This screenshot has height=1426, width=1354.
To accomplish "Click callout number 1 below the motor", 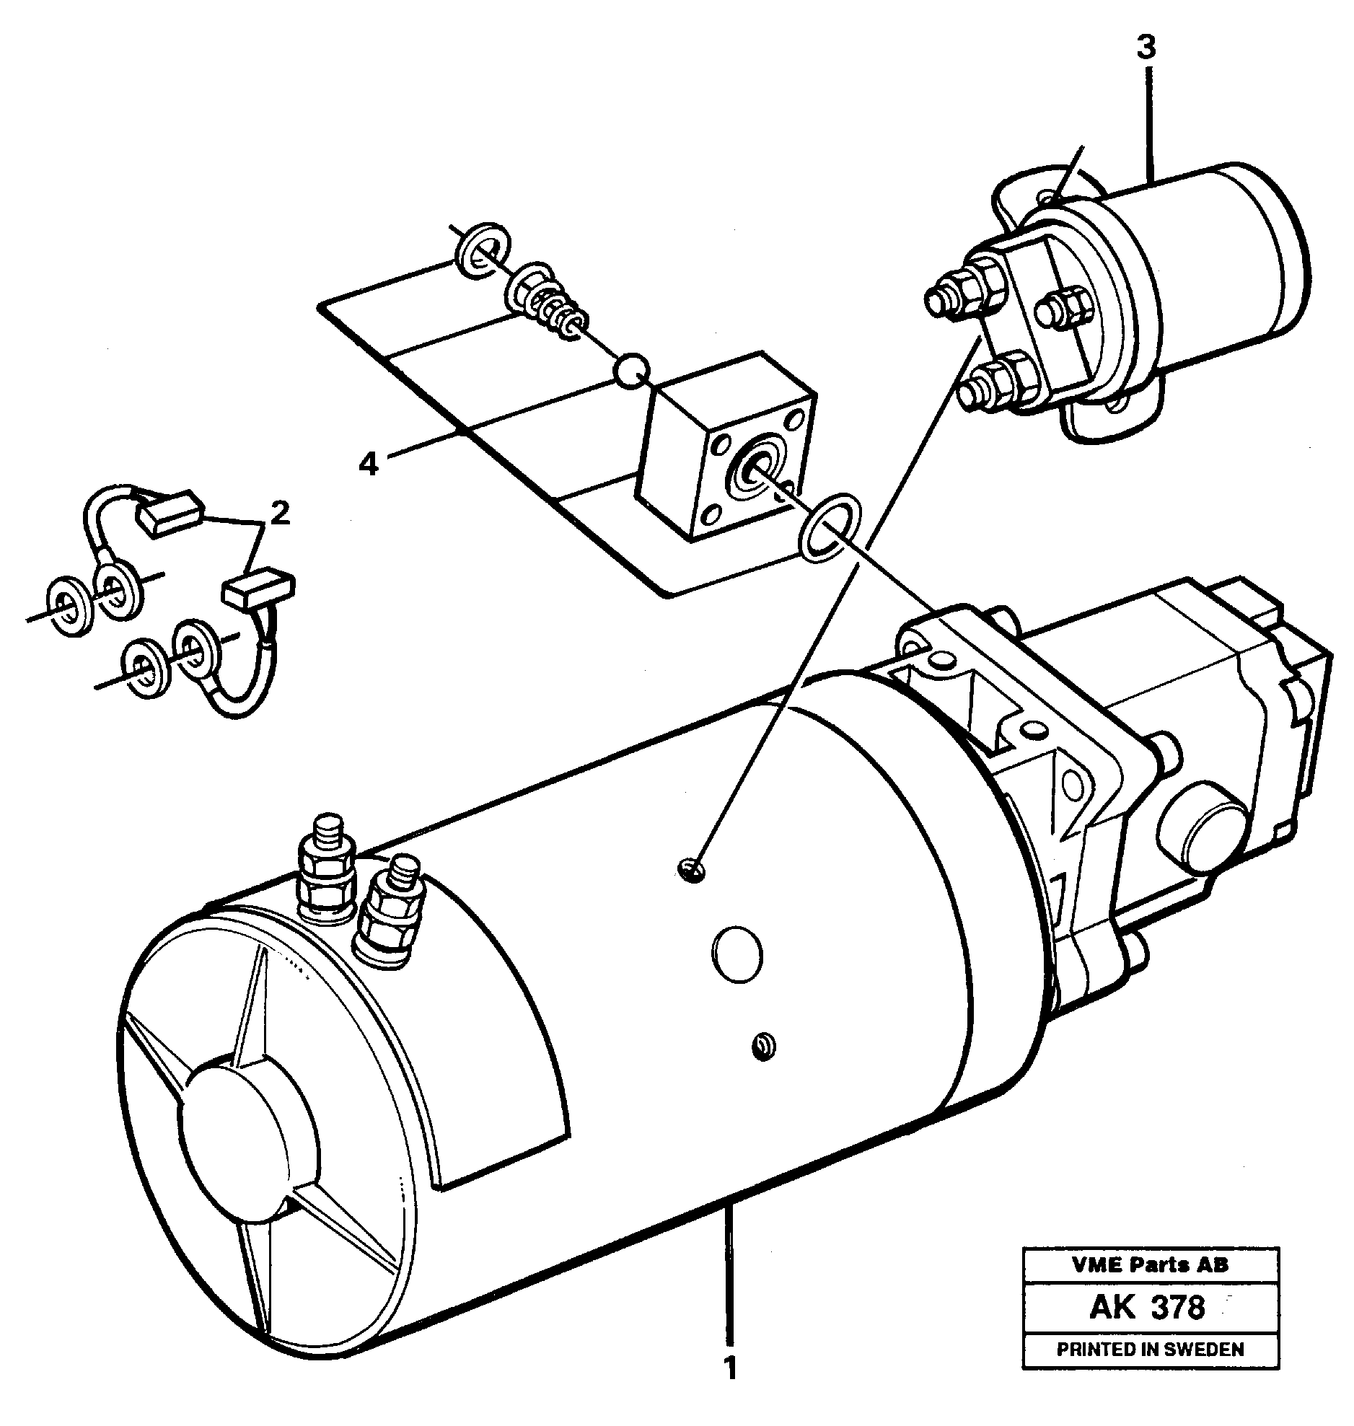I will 731,1368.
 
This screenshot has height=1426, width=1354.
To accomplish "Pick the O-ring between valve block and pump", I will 830,527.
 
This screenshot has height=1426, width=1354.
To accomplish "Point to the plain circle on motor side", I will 737,954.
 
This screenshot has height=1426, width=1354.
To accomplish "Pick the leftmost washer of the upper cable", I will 69,606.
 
